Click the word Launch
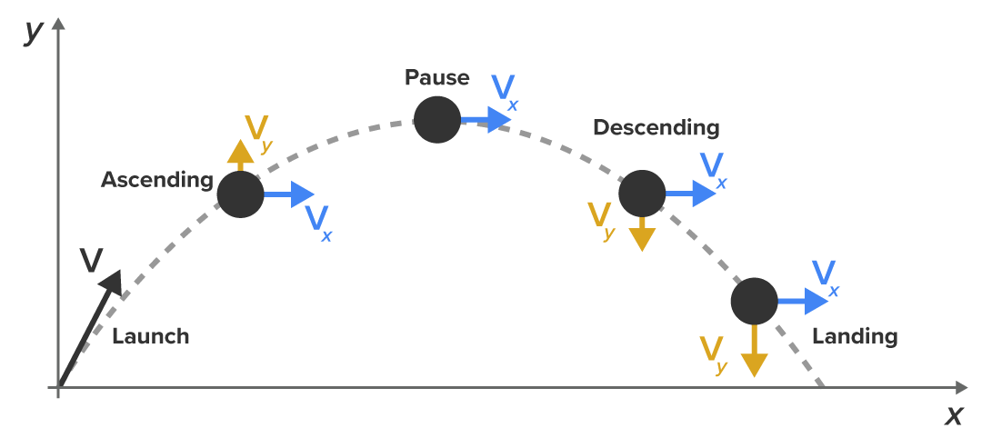pyautogui.click(x=150, y=336)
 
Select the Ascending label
pyautogui.click(x=156, y=180)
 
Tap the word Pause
pyautogui.click(x=436, y=78)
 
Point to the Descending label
pyautogui.click(x=656, y=127)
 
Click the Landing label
pyautogui.click(x=854, y=336)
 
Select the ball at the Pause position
pyautogui.click(x=437, y=119)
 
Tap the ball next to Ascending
pyautogui.click(x=241, y=194)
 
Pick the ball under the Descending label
pyautogui.click(x=643, y=193)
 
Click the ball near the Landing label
pyautogui.click(x=755, y=301)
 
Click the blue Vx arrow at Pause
pyautogui.click(x=486, y=119)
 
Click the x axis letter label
pyautogui.click(x=953, y=416)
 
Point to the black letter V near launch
pyautogui.click(x=91, y=261)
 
